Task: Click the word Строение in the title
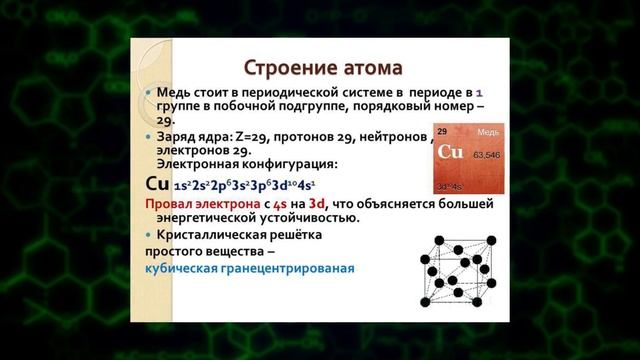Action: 281,68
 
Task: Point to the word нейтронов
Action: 392,134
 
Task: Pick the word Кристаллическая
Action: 215,233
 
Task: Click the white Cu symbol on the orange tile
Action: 452,153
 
